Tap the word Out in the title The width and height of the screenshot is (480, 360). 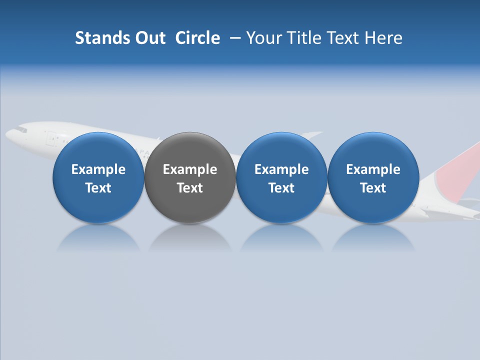pos(149,38)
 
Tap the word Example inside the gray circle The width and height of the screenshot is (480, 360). pos(189,169)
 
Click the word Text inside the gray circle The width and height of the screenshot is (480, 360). pos(189,188)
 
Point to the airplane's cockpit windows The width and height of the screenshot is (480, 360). pos(20,129)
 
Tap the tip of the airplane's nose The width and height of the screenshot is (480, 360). pos(7,134)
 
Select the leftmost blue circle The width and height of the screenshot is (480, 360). pos(98,177)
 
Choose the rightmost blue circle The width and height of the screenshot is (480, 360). pos(373,177)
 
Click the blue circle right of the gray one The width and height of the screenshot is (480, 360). pos(281,177)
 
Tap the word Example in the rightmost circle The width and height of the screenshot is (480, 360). pos(373,169)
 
